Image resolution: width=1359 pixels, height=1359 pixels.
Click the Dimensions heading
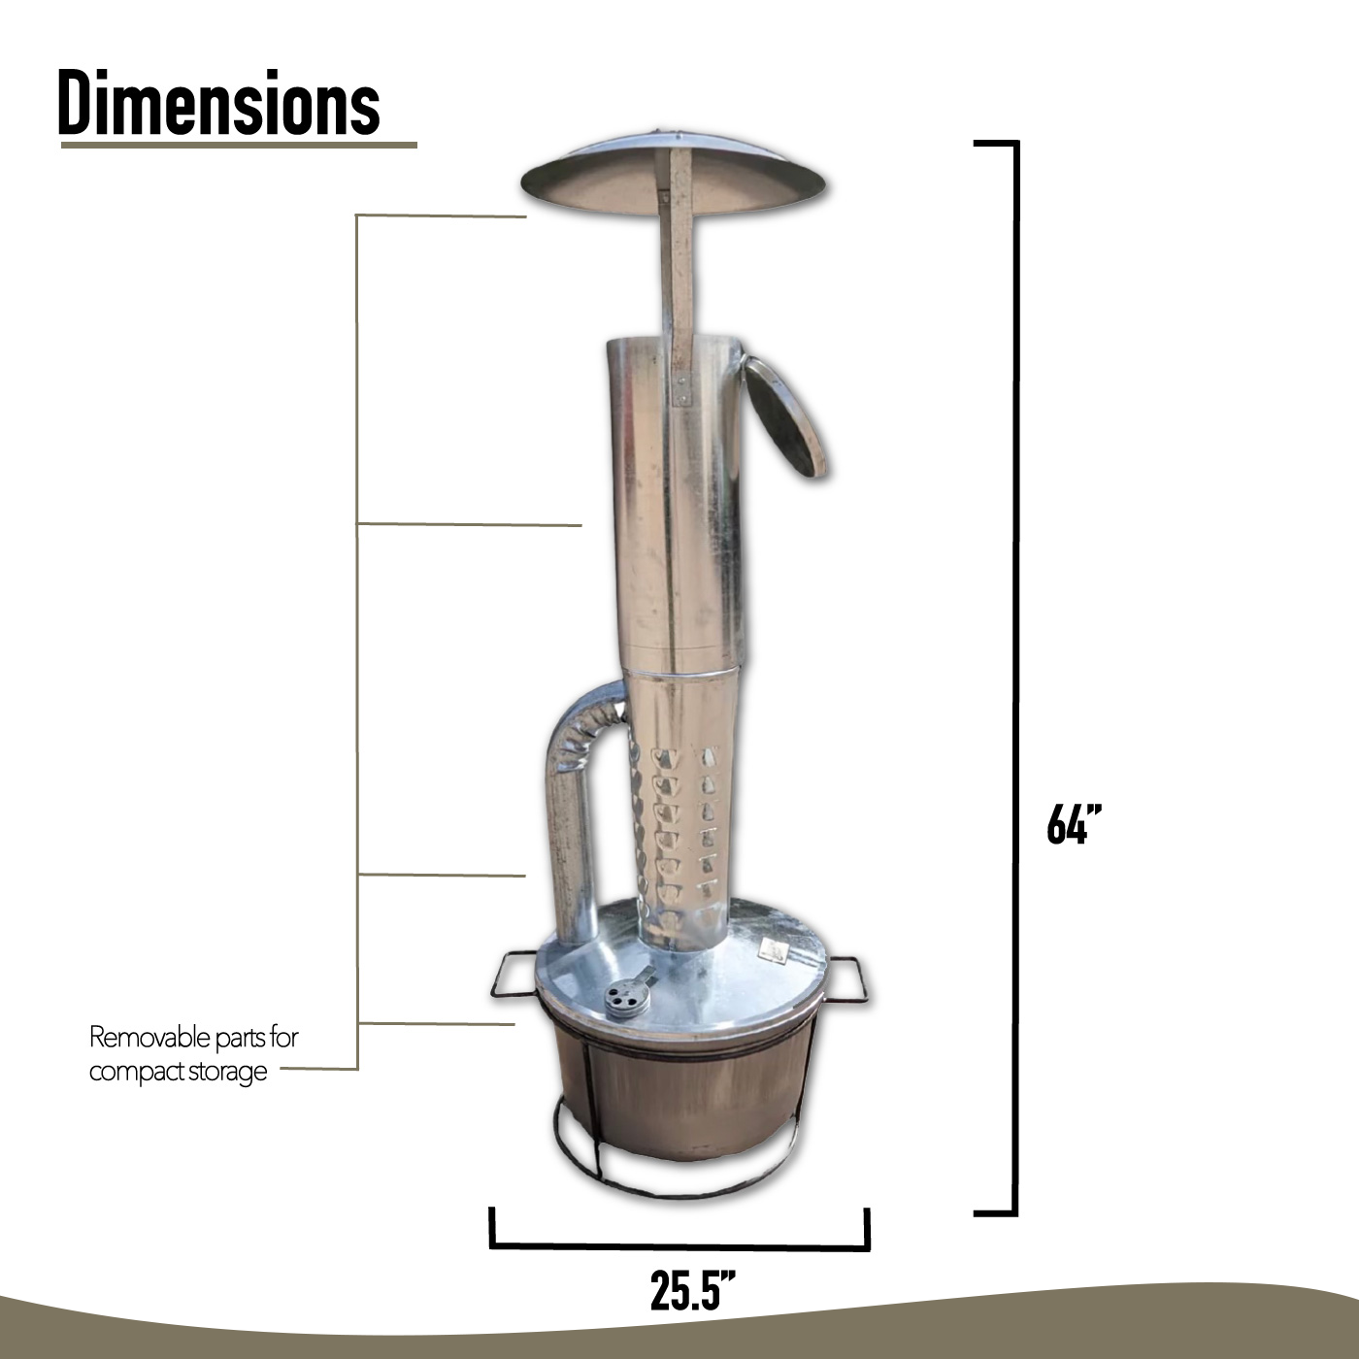219,103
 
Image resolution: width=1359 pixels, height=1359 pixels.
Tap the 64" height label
1074,824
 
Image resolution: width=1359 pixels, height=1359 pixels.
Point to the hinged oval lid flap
784,416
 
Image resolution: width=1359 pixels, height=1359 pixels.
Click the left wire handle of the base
514,977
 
